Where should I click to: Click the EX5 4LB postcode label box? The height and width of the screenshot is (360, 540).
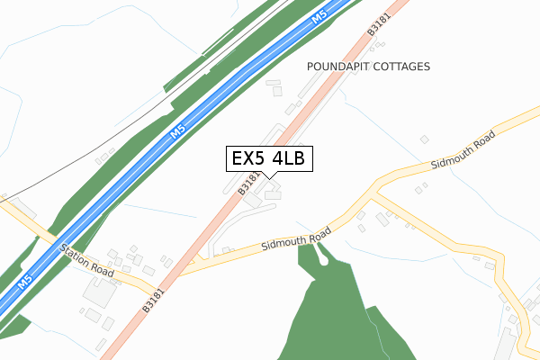(x=269, y=158)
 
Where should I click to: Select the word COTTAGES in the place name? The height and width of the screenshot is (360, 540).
(x=403, y=67)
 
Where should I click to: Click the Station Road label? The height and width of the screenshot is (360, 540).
(x=86, y=259)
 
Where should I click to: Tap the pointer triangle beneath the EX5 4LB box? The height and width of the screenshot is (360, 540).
(x=269, y=175)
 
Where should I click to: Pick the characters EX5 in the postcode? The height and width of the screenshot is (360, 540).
(x=249, y=158)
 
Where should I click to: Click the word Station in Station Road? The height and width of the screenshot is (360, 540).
(x=75, y=253)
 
